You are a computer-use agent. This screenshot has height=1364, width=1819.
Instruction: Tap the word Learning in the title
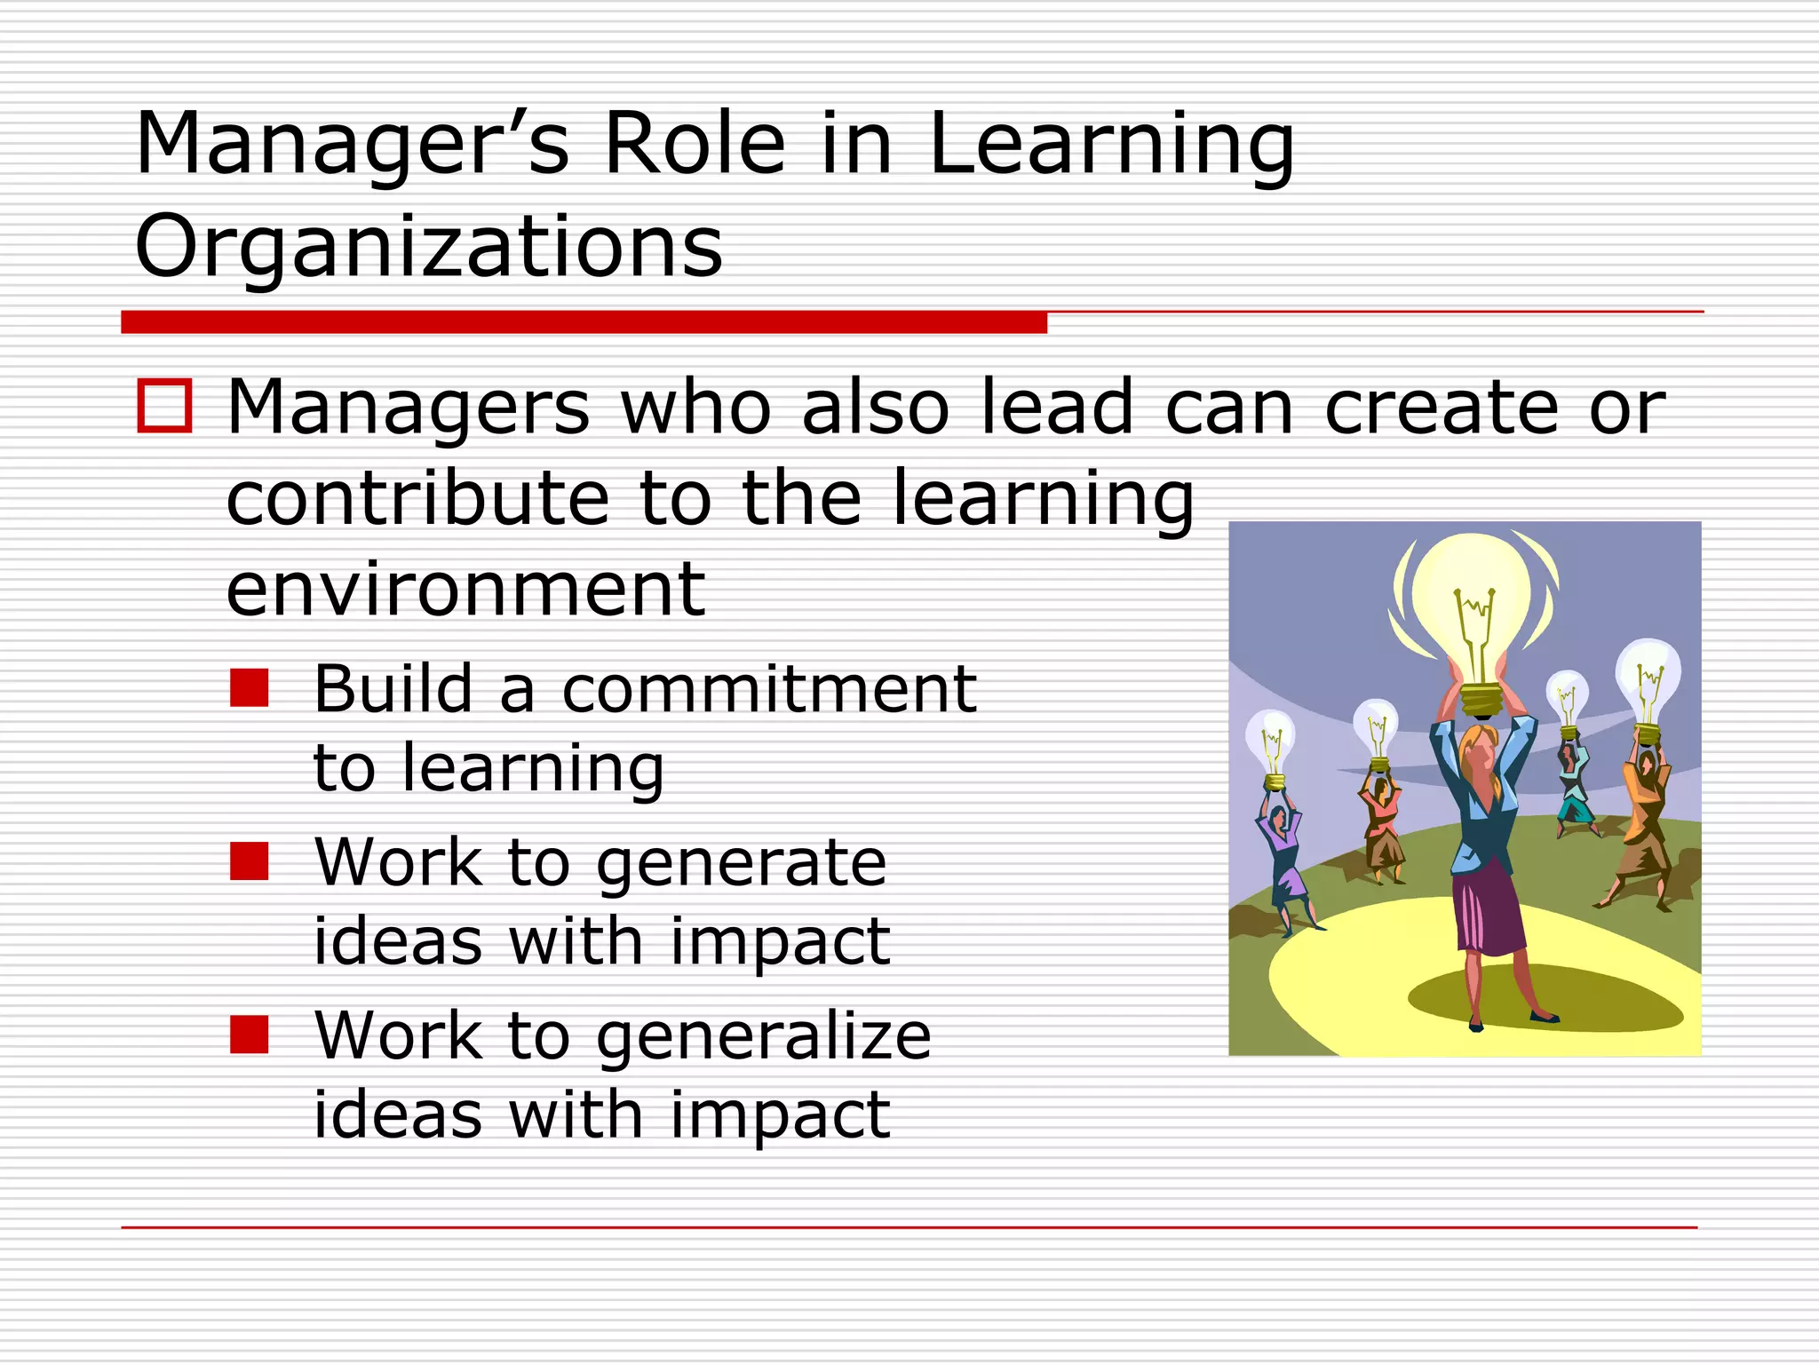1111,145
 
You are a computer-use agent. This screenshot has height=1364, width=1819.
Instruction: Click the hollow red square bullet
164,407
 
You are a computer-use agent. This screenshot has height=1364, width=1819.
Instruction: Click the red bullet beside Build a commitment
249,688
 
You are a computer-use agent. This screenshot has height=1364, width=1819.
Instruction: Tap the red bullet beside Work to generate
249,861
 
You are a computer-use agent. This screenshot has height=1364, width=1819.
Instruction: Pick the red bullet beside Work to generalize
249,1035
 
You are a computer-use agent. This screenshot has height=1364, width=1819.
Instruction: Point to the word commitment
769,689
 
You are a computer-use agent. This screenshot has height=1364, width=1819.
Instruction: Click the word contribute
417,498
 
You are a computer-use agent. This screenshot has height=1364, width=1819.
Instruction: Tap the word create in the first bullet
1441,408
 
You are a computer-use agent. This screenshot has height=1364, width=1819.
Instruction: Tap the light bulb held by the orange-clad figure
1648,679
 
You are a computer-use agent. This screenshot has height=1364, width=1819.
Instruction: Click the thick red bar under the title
584,322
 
